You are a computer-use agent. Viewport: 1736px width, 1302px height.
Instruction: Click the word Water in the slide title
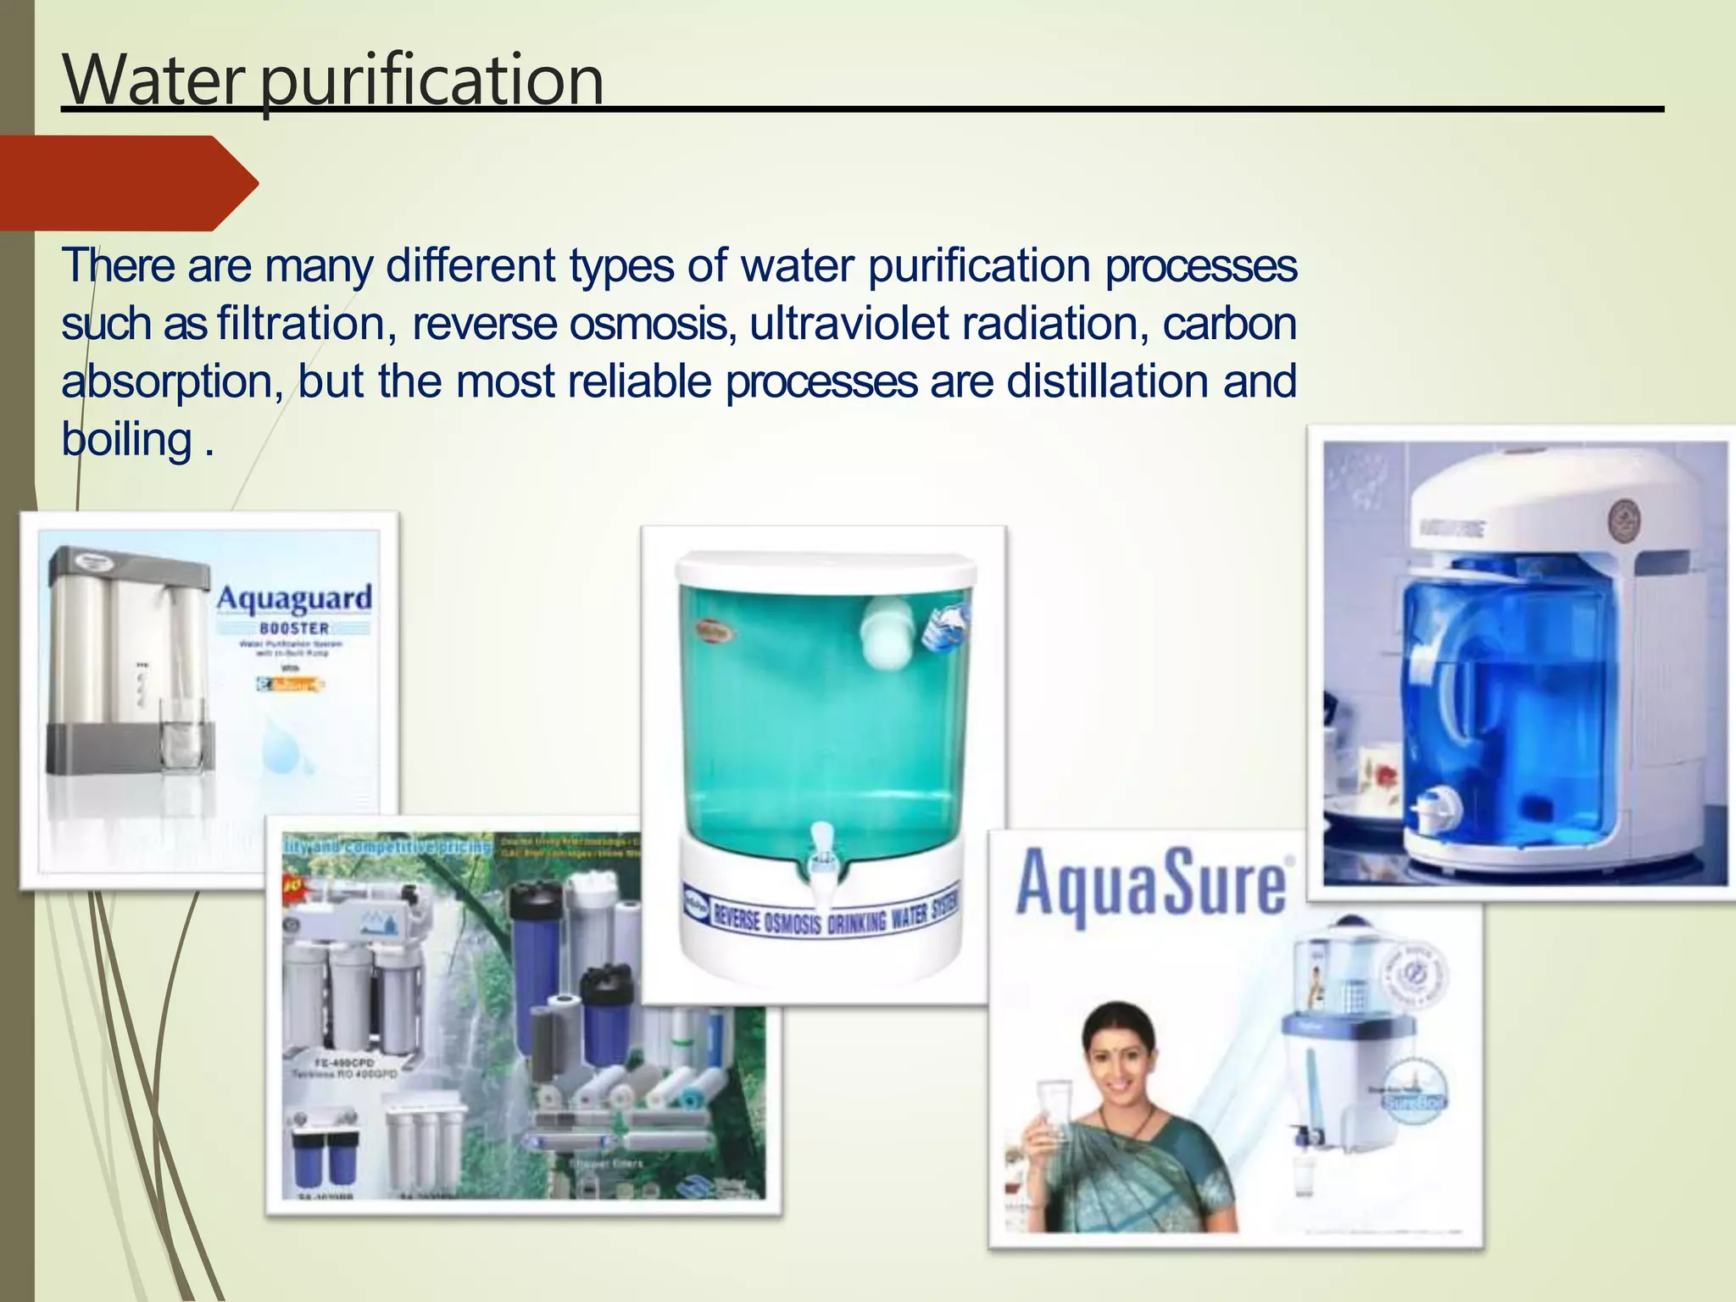153,81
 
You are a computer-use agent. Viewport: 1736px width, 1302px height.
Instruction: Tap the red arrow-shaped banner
127,183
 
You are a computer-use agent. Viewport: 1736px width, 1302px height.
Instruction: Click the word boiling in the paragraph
127,440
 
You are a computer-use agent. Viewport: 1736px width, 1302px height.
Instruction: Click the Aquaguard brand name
294,598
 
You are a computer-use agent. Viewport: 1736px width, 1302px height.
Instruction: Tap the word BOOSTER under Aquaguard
294,628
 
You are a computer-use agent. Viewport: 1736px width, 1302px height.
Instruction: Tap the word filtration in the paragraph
302,324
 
